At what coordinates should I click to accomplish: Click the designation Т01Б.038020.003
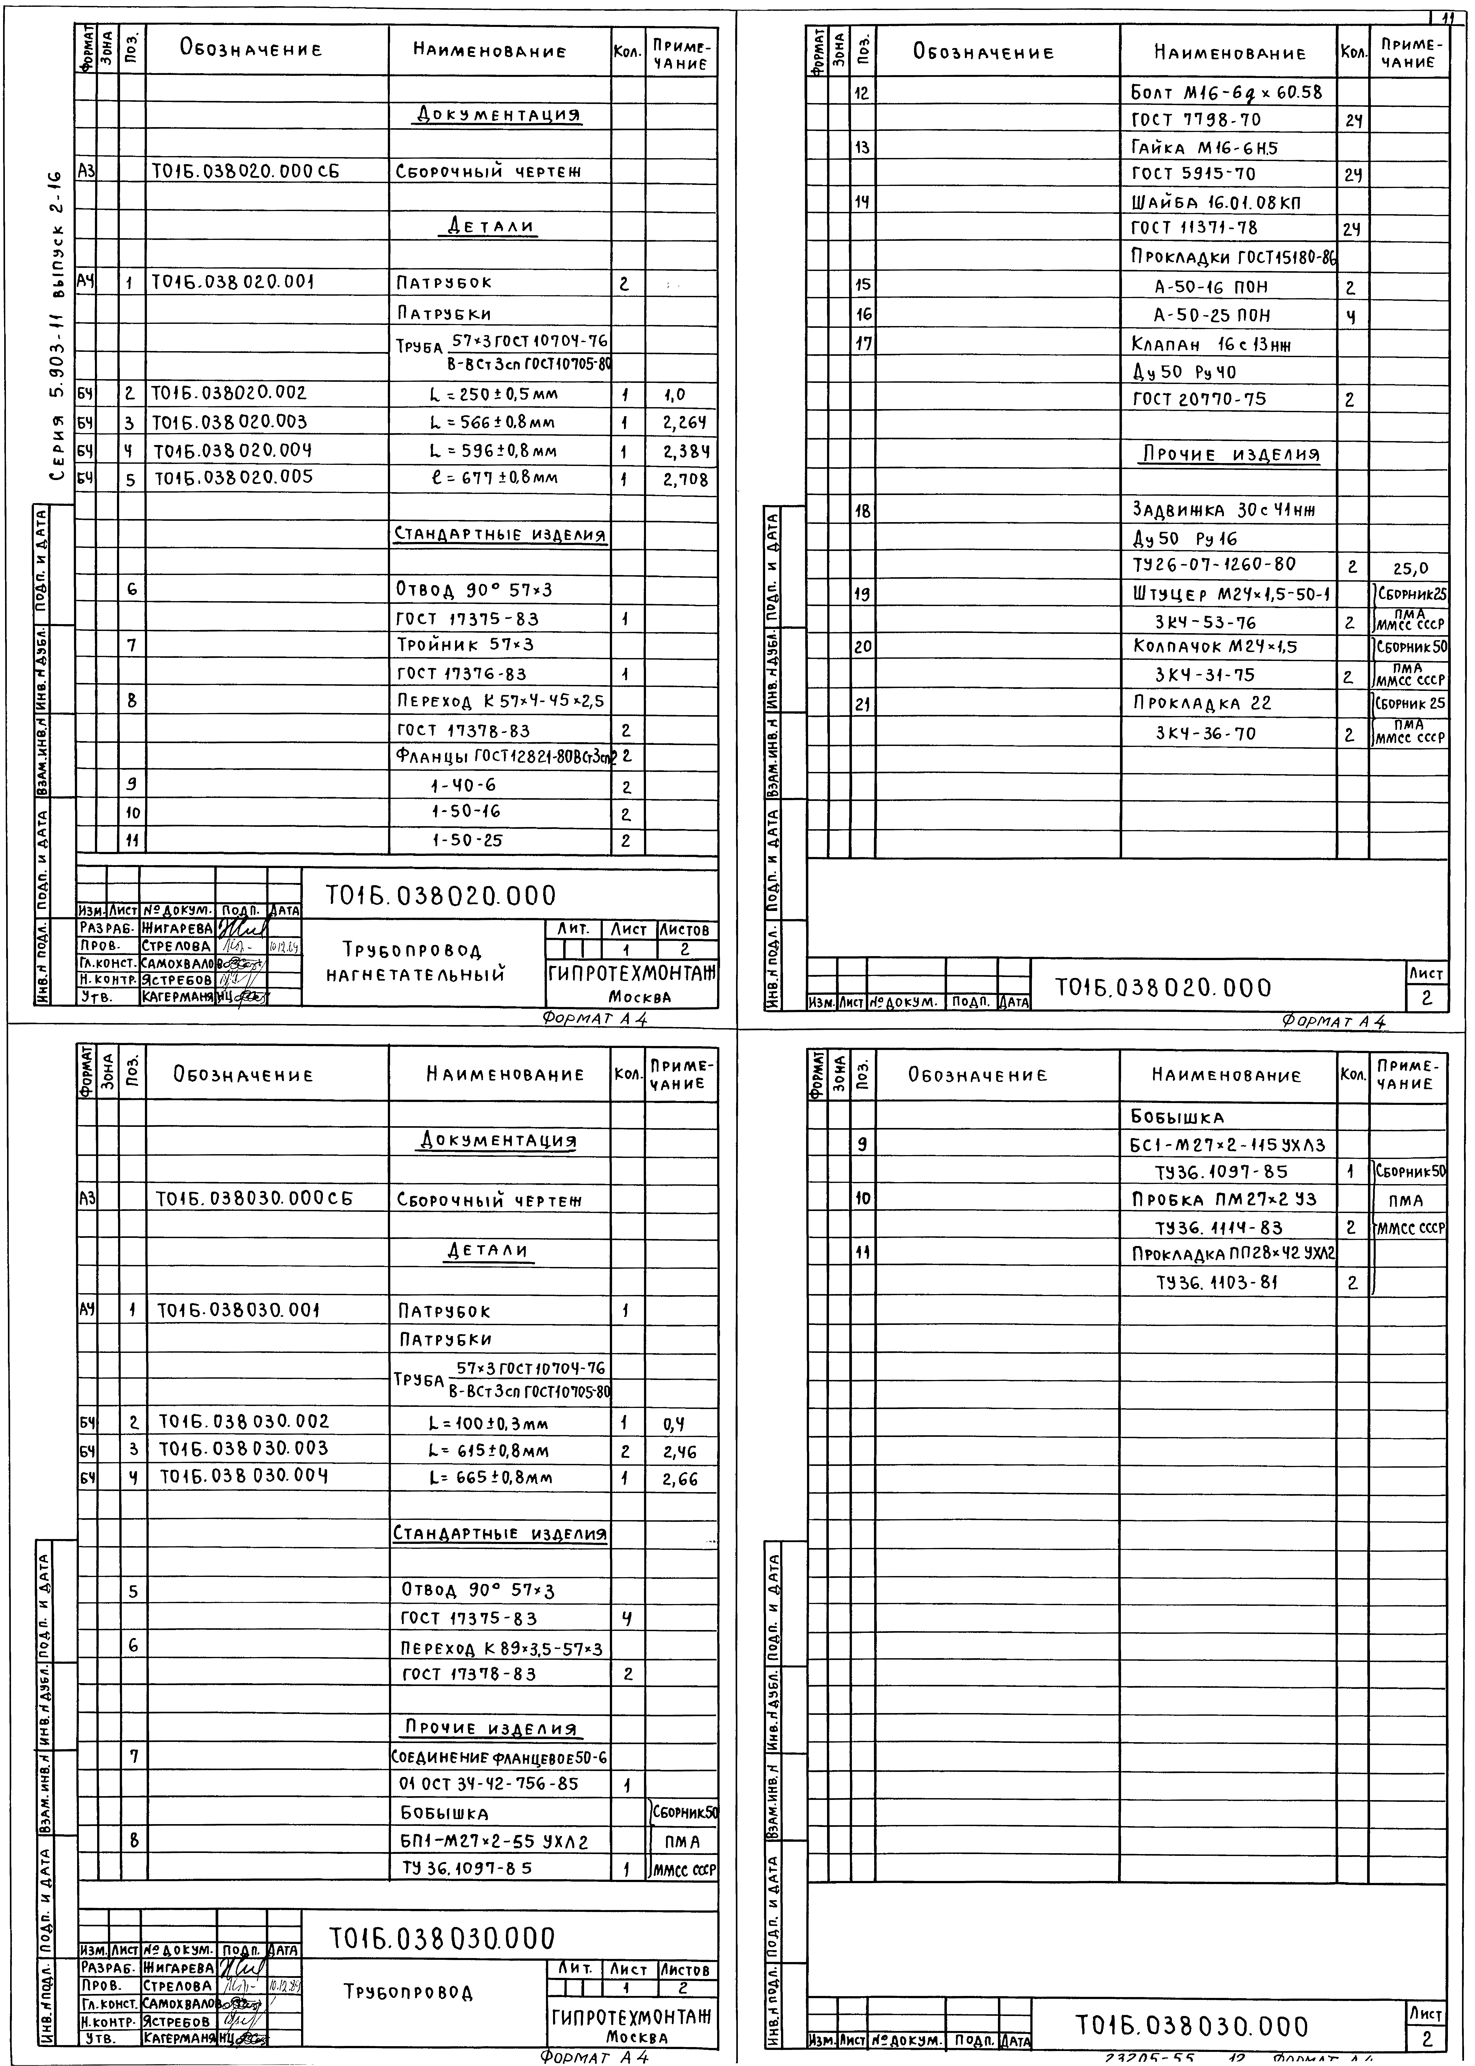[x=230, y=423]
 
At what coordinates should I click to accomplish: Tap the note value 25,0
[x=1410, y=569]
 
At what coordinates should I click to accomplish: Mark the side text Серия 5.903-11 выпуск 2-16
[x=56, y=327]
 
